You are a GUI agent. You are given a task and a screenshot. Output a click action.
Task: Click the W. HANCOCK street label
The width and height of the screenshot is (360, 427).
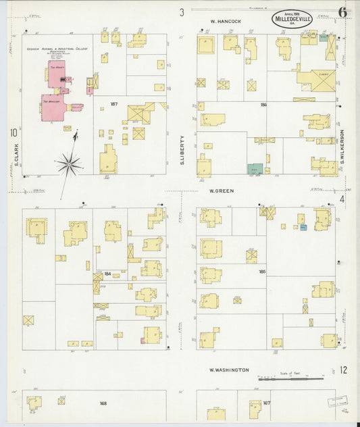(225, 22)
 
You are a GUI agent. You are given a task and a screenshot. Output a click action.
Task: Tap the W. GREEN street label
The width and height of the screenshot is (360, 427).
(221, 191)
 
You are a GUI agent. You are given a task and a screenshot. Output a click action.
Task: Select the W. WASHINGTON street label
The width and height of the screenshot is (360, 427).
(229, 370)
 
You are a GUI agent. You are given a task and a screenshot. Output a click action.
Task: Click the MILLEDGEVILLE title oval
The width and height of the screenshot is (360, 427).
(292, 18)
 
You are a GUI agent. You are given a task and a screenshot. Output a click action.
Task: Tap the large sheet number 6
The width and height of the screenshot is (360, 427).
(343, 12)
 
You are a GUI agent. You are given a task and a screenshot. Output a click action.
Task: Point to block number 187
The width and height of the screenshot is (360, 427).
(113, 104)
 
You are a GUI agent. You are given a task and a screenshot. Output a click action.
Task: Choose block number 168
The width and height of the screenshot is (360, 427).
(103, 403)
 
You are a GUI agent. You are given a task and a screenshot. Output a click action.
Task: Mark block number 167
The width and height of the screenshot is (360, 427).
(266, 403)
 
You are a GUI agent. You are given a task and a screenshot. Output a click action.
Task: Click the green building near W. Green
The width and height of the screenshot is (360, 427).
(255, 169)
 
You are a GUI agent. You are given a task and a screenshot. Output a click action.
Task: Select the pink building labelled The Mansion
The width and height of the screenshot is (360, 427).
(52, 107)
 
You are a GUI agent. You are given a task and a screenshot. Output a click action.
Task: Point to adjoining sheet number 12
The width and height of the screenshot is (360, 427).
(343, 370)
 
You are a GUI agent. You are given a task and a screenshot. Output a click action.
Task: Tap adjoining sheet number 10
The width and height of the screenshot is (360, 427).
(13, 132)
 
